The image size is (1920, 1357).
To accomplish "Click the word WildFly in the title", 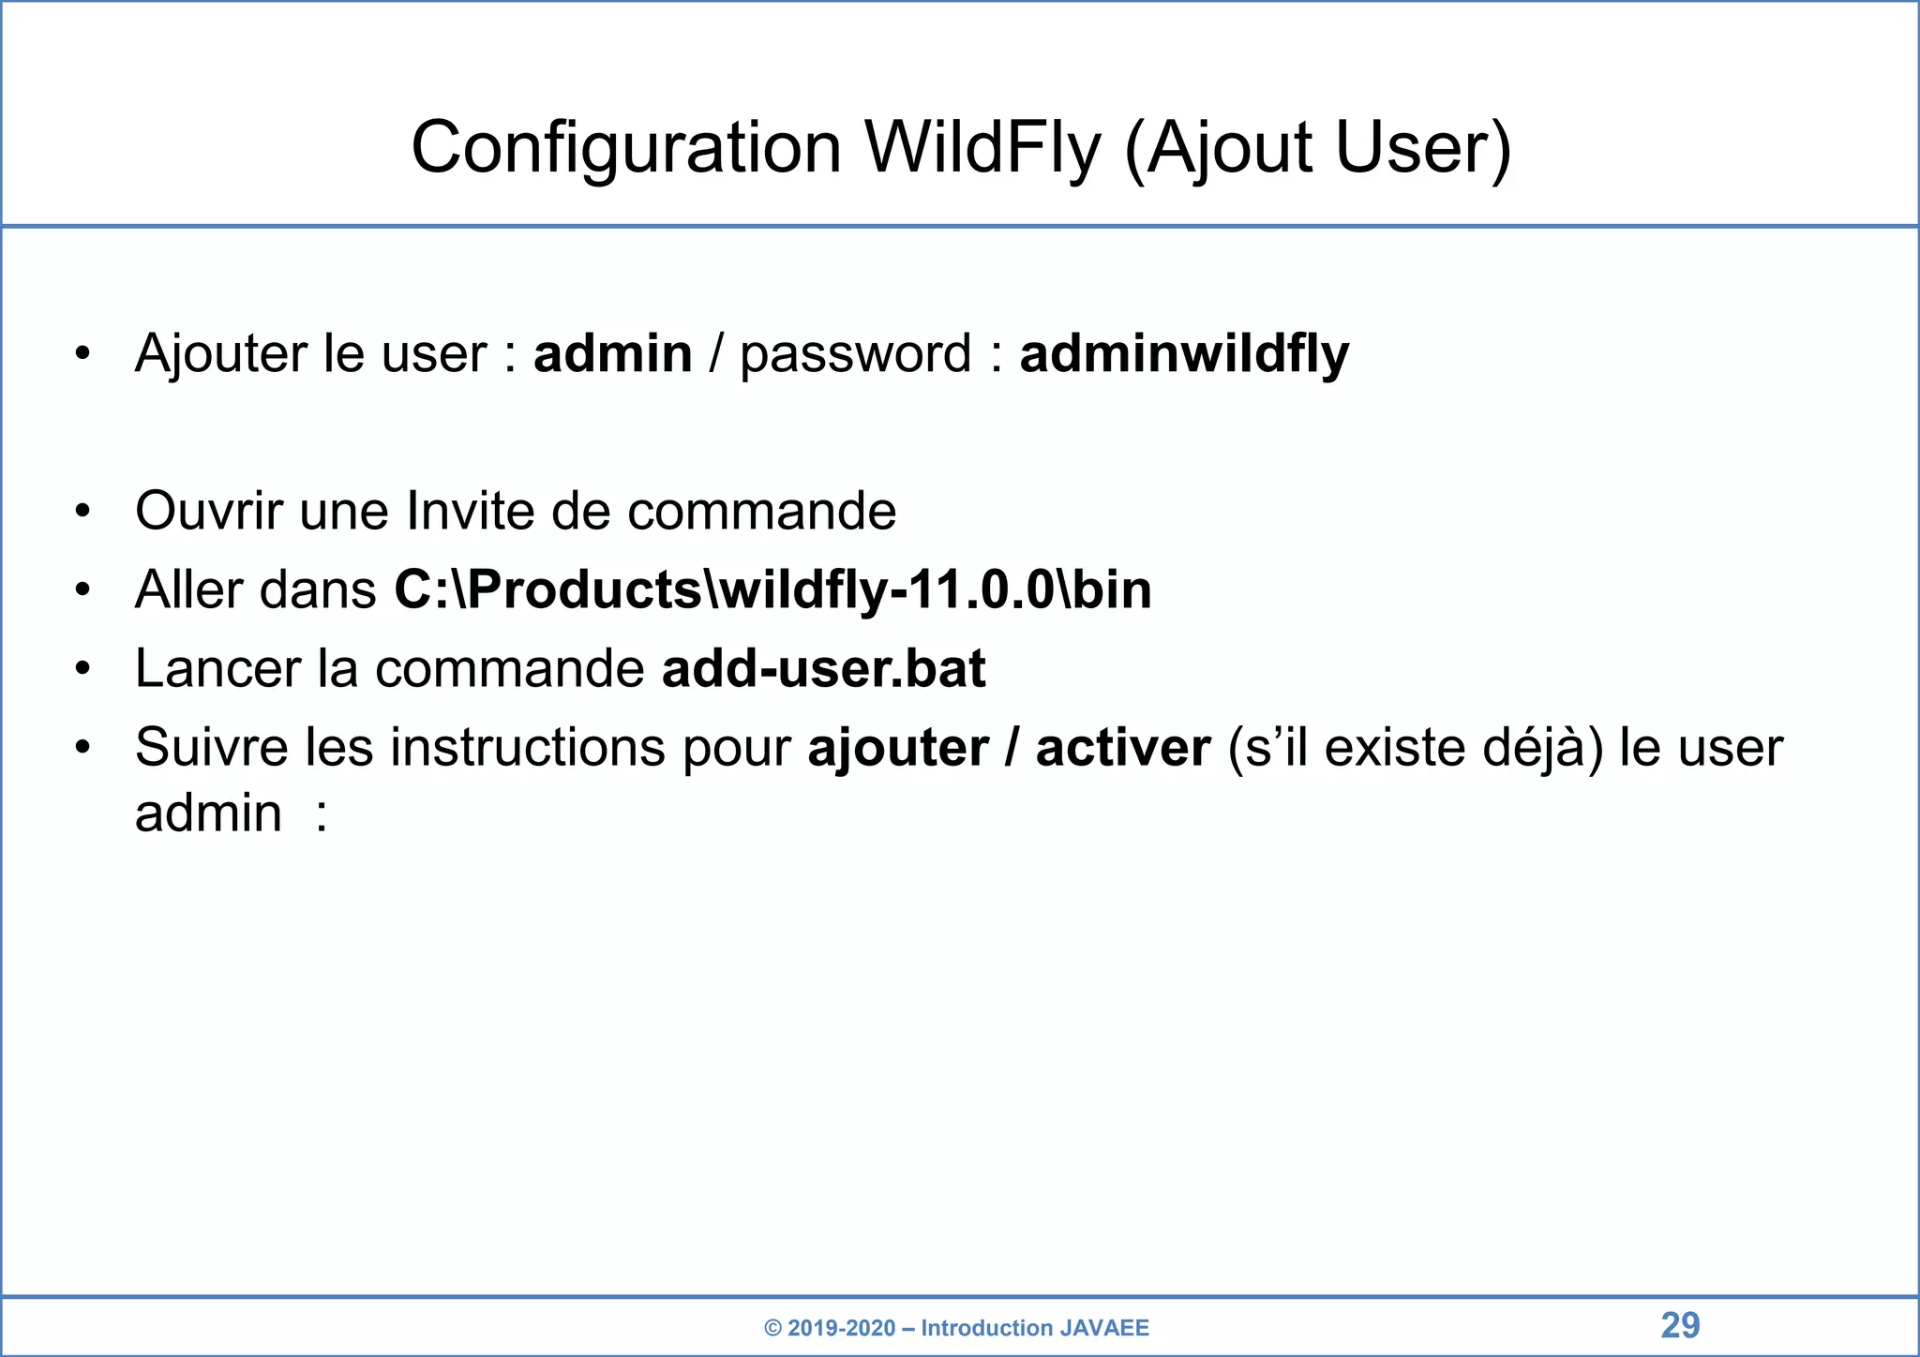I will pyautogui.click(x=982, y=148).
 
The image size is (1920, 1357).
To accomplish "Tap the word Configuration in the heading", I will pyautogui.click(x=626, y=148).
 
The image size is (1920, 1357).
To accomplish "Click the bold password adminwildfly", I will pyautogui.click(x=1184, y=354).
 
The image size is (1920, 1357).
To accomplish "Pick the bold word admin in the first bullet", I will pyautogui.click(x=612, y=354).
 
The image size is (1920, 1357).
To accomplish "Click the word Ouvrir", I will pyautogui.click(x=208, y=511).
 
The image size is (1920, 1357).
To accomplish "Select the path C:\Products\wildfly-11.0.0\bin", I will pyautogui.click(x=772, y=589).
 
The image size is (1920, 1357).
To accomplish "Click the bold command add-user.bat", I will pyautogui.click(x=823, y=668).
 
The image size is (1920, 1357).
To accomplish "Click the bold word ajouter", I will pyautogui.click(x=897, y=748).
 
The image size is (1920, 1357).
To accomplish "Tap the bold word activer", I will pyautogui.click(x=1122, y=748).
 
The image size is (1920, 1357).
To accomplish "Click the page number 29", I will pyautogui.click(x=1680, y=1325).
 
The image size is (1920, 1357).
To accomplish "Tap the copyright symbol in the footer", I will pyautogui.click(x=772, y=1328).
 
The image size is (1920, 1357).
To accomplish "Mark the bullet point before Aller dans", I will pyautogui.click(x=83, y=589).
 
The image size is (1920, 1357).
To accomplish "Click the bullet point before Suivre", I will pyautogui.click(x=83, y=748).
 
